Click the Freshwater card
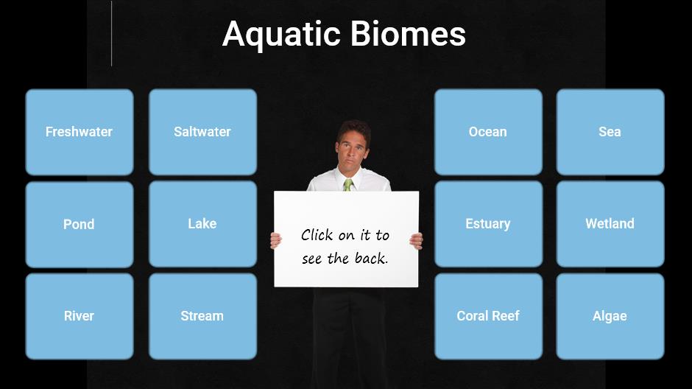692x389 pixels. tap(80, 132)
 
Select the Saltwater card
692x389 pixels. tap(202, 132)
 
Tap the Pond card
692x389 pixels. tap(80, 224)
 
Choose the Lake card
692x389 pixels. tap(202, 224)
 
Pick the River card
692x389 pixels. tap(80, 316)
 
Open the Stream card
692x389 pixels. tap(202, 316)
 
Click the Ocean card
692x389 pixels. tap(488, 132)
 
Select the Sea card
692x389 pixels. tap(610, 132)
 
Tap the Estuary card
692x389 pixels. tap(488, 224)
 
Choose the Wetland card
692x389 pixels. tap(610, 224)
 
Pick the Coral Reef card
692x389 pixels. tap(488, 316)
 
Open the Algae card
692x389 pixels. tap(610, 316)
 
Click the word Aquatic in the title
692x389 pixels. tap(281, 35)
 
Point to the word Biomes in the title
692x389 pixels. tap(409, 34)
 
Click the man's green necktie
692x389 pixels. tap(347, 185)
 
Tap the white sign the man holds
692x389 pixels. tap(347, 239)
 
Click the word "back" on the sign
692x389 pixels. tap(371, 258)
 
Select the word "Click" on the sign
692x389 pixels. tap(317, 235)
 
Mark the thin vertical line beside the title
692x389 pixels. tap(112, 34)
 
